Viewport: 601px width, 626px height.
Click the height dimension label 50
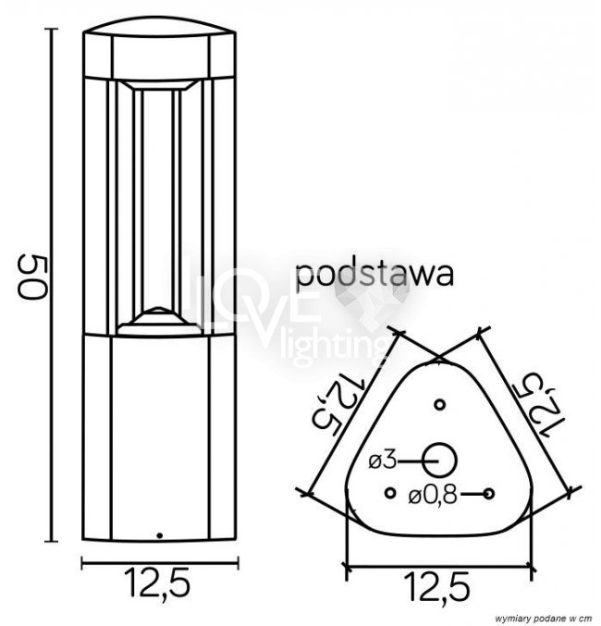32,276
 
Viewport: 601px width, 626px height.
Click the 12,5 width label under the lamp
157,583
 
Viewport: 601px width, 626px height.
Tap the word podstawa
374,275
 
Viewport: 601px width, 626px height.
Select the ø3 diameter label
383,461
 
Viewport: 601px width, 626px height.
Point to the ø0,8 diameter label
432,497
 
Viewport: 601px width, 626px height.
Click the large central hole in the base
440,460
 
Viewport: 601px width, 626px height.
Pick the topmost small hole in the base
440,404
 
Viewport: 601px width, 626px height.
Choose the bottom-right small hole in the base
489,494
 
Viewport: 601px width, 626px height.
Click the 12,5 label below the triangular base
437,588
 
